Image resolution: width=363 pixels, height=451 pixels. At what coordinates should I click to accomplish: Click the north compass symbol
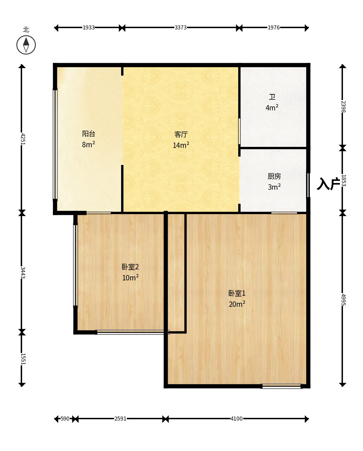(26, 45)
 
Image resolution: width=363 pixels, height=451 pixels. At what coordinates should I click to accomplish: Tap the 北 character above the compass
(26, 29)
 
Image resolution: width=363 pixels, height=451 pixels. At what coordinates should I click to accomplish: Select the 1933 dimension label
(88, 27)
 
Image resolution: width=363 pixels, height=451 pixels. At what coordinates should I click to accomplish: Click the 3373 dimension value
(180, 27)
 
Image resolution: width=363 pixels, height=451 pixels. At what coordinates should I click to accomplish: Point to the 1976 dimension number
(274, 27)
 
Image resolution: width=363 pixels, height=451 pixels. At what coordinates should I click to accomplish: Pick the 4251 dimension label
(23, 139)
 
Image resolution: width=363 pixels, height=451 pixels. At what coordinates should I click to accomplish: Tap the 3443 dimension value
(23, 272)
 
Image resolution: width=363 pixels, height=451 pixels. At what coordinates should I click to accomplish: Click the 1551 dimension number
(23, 359)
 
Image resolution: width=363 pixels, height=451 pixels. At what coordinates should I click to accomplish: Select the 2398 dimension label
(343, 107)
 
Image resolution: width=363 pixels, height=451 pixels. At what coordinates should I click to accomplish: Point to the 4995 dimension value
(343, 299)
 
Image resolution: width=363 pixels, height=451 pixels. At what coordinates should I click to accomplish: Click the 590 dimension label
(65, 419)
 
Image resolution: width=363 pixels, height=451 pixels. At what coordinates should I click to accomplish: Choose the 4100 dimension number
(237, 419)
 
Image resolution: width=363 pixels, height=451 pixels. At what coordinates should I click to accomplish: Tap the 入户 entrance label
(328, 184)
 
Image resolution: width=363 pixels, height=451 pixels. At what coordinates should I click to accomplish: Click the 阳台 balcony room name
(89, 133)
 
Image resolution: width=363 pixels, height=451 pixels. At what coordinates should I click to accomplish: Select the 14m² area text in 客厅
(181, 145)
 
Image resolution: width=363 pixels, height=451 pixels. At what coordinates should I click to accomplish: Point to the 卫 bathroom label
(272, 97)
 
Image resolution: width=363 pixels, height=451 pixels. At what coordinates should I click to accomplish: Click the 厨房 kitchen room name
(274, 176)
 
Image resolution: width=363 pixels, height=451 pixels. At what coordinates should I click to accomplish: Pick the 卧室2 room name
(130, 267)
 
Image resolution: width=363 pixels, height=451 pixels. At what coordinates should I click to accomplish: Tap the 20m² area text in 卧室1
(237, 304)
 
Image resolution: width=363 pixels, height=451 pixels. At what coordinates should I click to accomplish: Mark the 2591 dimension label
(120, 419)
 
